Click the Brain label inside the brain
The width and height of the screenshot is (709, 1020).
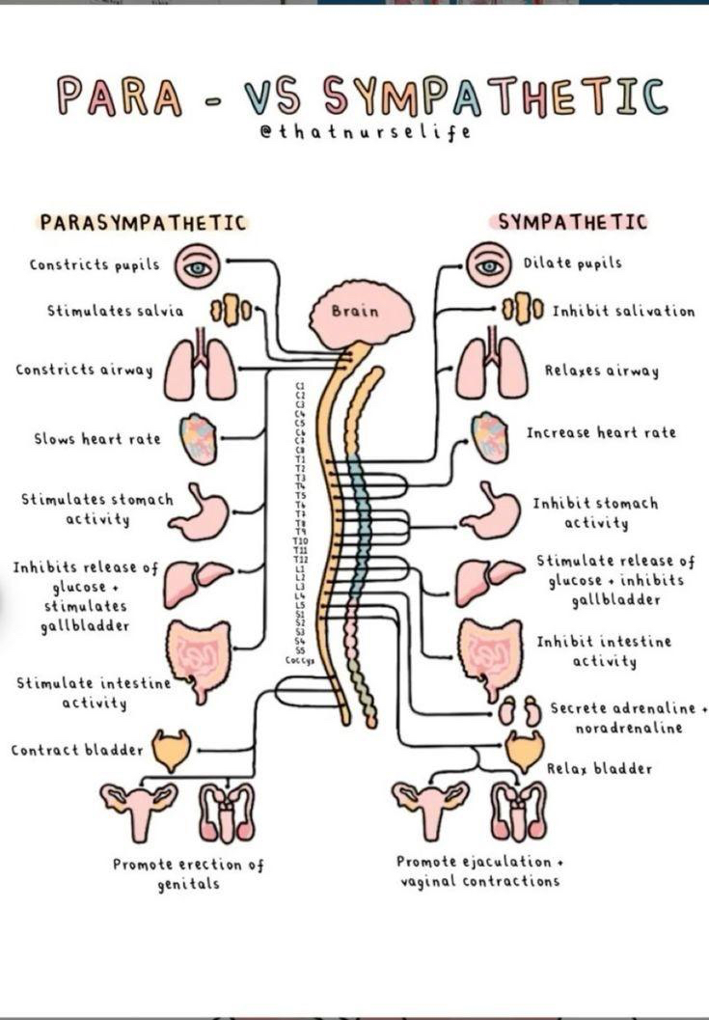click(x=355, y=312)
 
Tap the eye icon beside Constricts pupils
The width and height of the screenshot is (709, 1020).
click(x=198, y=266)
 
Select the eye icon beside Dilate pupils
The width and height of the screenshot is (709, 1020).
click(x=488, y=264)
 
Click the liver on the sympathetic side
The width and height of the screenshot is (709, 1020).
click(x=489, y=580)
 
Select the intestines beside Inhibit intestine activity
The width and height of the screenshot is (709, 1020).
click(x=488, y=657)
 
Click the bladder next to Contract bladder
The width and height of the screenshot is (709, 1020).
click(x=172, y=750)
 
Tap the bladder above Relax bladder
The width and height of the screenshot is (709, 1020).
click(x=525, y=751)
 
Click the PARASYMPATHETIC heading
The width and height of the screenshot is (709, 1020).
click(x=143, y=222)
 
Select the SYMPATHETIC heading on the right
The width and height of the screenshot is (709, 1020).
click(x=572, y=222)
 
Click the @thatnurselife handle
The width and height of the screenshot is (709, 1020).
click(x=365, y=132)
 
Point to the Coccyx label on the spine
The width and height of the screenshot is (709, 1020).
click(x=299, y=661)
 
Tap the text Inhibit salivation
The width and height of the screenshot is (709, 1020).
click(x=622, y=312)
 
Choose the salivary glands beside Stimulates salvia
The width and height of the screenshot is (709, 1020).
click(x=232, y=312)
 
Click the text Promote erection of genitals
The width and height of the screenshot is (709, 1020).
click(x=189, y=873)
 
